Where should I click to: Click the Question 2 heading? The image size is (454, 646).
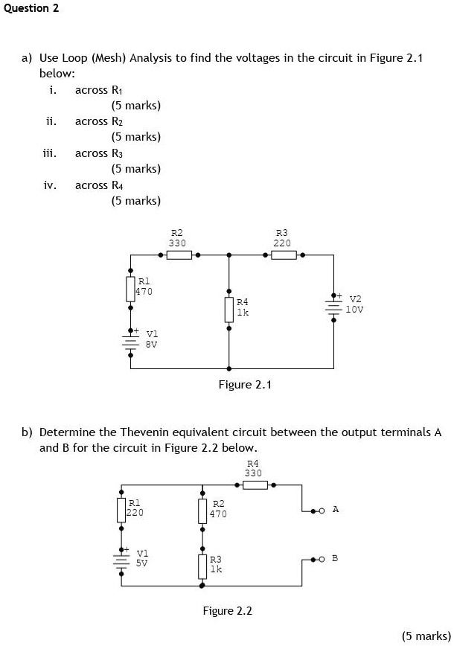coord(31,8)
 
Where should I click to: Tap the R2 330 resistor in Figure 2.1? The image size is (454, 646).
coord(179,255)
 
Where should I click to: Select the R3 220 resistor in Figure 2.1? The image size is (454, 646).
coord(284,255)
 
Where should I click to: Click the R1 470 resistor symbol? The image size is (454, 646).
coord(130,290)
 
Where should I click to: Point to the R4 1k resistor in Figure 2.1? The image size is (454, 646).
coord(229,310)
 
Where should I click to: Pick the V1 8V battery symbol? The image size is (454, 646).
coord(130,342)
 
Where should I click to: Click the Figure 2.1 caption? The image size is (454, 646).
coord(245,385)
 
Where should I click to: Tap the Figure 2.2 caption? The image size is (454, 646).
coord(227,611)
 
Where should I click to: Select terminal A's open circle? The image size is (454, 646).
coord(322,511)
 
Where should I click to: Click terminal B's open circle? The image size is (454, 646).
coord(322,560)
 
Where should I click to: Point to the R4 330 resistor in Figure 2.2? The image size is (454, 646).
coord(255,485)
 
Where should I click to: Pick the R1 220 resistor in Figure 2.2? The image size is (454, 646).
coord(121,511)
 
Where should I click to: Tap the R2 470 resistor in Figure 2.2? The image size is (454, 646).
coord(202,511)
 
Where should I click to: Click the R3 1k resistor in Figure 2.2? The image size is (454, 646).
coord(202,566)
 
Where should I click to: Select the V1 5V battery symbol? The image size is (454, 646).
coord(121,561)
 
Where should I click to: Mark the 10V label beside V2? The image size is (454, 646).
coord(354,310)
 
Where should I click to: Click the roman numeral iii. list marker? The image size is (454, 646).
coord(50,153)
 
